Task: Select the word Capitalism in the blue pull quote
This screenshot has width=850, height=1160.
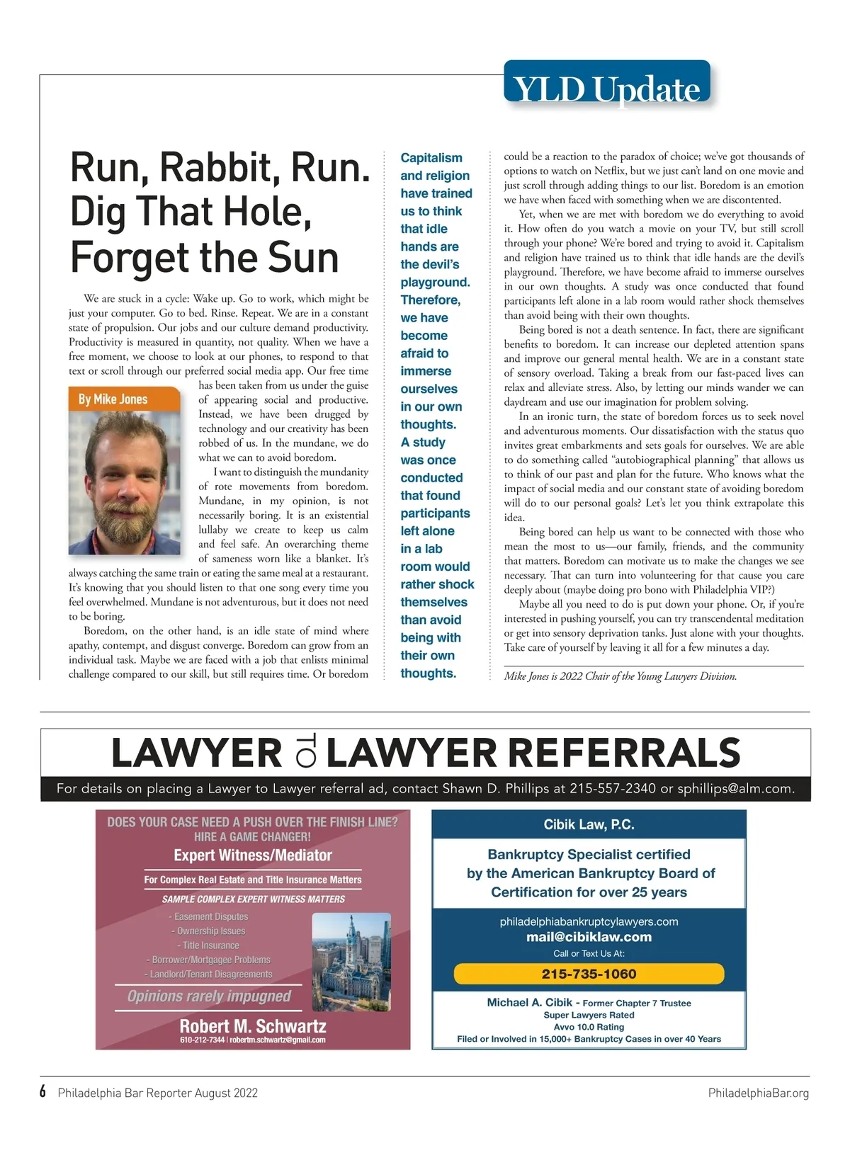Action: tap(431, 158)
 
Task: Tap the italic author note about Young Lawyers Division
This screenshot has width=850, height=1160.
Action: tap(620, 676)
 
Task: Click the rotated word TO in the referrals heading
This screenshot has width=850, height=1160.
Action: tap(305, 753)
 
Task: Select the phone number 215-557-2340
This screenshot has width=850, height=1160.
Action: tap(613, 788)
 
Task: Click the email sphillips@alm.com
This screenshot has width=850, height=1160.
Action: tap(735, 788)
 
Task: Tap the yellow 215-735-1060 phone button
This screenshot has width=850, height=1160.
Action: tap(589, 974)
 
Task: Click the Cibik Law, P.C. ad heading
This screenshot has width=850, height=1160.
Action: tap(589, 824)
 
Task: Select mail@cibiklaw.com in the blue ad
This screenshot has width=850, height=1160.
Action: tap(589, 937)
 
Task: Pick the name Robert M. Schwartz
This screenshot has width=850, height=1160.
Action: tap(253, 1025)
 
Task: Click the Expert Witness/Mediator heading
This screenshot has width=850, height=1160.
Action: tap(253, 855)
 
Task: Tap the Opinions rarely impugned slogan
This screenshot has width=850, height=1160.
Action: tap(209, 996)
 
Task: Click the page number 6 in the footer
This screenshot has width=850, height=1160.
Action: tap(43, 1091)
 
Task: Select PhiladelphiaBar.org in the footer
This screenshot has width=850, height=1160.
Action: tap(758, 1093)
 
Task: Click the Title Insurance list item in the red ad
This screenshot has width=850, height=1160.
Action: tap(210, 945)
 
